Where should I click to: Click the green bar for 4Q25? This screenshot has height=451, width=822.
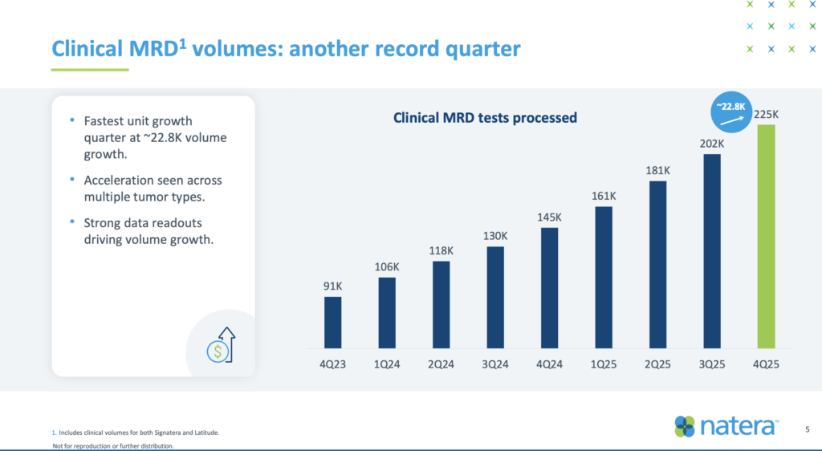766,236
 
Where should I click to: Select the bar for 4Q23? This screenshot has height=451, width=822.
332,323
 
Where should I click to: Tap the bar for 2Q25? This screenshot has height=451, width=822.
657,264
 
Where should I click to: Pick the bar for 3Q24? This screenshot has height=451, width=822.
495,297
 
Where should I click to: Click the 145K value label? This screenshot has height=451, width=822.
549,217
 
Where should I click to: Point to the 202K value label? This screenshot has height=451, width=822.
711,144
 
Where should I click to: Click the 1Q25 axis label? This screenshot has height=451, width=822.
604,364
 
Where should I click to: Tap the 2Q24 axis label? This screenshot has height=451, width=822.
441,364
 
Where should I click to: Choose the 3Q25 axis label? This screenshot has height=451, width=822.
711,364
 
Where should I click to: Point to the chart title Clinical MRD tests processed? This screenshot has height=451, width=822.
485,118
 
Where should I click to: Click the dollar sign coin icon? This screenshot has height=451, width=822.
216,351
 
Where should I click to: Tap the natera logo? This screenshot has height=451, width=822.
726,427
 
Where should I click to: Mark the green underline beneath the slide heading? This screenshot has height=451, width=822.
90,70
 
